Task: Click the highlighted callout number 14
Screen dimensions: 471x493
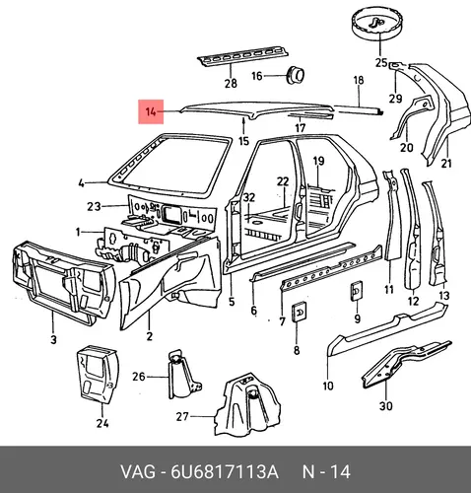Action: coord(151,111)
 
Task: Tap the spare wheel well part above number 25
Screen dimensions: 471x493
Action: coord(380,24)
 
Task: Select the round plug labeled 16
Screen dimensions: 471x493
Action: coord(296,75)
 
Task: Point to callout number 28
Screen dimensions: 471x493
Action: coord(231,83)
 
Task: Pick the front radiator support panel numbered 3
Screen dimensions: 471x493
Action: coord(64,283)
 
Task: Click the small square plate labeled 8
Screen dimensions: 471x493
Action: coord(300,312)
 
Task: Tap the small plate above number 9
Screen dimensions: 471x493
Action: coord(357,291)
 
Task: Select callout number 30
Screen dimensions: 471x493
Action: coord(386,406)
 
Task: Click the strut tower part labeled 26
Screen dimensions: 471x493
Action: coord(184,375)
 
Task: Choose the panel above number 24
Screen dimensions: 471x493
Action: coord(98,375)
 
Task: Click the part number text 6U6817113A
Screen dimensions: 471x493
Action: coord(225,472)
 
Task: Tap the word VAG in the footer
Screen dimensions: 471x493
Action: coord(138,472)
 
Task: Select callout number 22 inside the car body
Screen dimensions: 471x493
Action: coord(283,181)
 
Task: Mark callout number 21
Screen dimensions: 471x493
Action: coord(445,163)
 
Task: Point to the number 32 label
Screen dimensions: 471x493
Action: coord(249,197)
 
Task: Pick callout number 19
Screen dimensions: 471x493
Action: coord(318,161)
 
